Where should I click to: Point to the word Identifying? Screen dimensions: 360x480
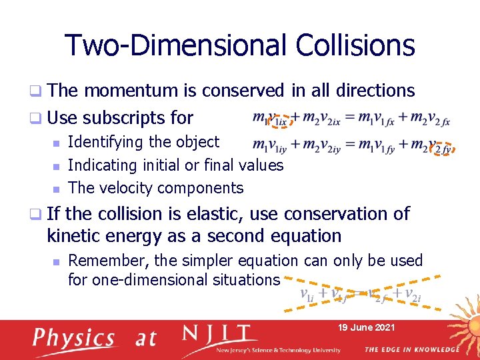tap(106, 142)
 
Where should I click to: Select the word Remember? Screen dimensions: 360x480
tap(106, 260)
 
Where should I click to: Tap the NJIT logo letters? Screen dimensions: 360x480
tap(220, 334)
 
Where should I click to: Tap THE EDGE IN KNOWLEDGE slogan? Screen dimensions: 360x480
tap(411, 349)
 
